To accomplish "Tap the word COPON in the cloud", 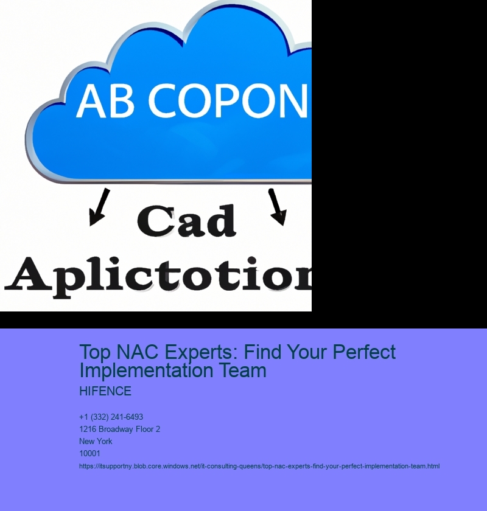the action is [x=228, y=100].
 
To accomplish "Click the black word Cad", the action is [x=186, y=221].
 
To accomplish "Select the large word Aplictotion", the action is [x=158, y=277].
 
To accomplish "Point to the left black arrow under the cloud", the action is [x=99, y=207].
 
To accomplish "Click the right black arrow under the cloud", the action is [x=277, y=207].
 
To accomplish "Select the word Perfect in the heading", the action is [x=364, y=352].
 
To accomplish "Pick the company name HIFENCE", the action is [x=105, y=391].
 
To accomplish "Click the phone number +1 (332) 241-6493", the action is [x=111, y=417].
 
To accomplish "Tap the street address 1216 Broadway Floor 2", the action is [x=119, y=429].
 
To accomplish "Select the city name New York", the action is [x=96, y=441].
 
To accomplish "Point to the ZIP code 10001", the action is [x=89, y=453].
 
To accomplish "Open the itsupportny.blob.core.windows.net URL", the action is [x=259, y=467].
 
